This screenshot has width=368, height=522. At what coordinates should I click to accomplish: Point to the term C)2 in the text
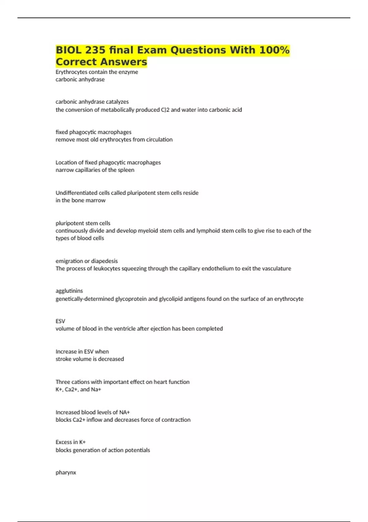point(165,110)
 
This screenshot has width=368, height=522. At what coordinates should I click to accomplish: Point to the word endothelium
point(217,268)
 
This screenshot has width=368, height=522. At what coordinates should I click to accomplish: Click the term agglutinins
point(69,291)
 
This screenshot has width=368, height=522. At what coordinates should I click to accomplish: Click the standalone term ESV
point(60,321)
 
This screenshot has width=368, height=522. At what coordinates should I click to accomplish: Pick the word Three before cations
point(63,382)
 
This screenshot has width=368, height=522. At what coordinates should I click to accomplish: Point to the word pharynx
point(66,473)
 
